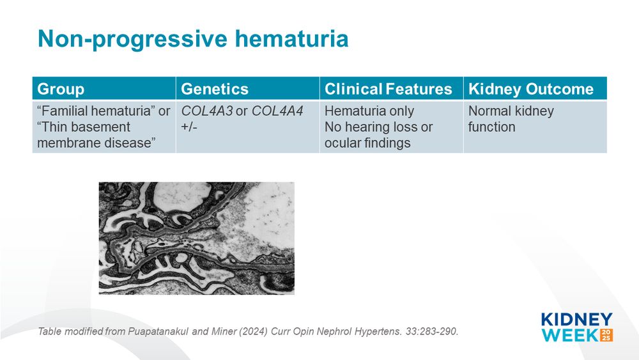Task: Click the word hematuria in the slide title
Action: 291,39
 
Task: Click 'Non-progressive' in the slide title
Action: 133,40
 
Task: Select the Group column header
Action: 61,89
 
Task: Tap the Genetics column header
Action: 214,89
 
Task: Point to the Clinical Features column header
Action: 388,89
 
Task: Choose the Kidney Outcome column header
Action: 530,89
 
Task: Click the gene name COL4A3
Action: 206,111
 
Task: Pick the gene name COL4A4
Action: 277,111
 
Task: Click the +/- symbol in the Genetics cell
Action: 189,127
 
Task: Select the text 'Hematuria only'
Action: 369,111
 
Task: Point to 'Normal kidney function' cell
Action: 511,119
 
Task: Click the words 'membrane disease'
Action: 94,143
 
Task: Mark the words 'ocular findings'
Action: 367,143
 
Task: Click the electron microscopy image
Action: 196,238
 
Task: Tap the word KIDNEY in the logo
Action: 576,319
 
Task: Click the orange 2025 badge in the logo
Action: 606,335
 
